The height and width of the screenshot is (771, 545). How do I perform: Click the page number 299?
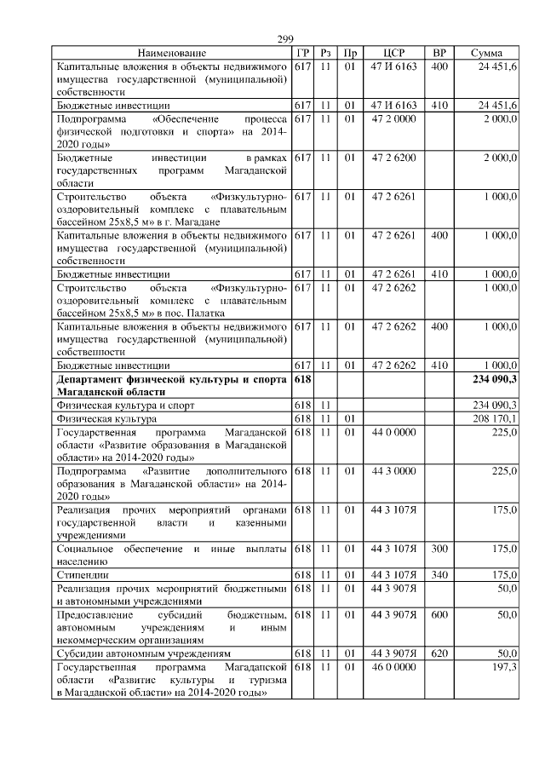(x=285, y=39)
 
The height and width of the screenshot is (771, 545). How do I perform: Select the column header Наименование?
(x=172, y=53)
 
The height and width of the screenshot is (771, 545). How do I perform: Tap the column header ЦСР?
(x=393, y=53)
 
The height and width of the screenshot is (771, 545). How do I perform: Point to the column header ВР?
(x=439, y=53)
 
